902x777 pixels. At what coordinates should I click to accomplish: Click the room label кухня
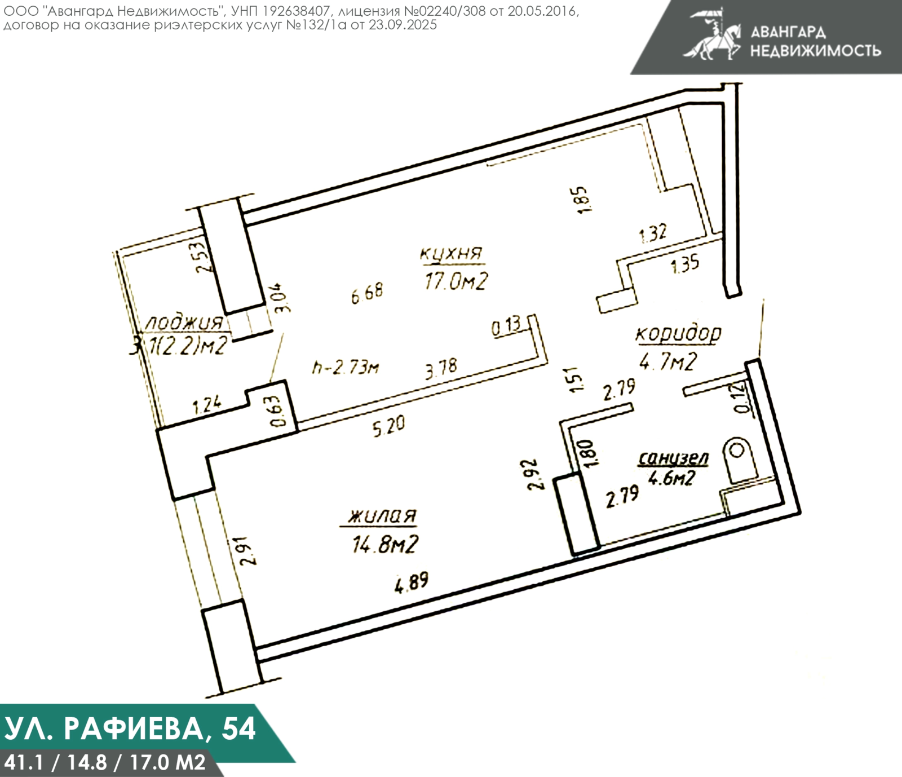[x=451, y=254]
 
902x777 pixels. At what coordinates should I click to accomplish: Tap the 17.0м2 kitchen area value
[x=456, y=280]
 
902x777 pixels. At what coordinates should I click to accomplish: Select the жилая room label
[x=382, y=516]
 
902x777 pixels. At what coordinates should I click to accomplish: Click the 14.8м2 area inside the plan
[x=385, y=544]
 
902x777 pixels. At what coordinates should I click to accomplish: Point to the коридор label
[x=678, y=334]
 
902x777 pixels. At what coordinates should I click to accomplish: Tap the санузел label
[x=673, y=458]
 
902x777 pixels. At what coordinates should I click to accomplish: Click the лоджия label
[x=184, y=324]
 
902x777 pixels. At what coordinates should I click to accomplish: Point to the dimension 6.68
[x=367, y=293]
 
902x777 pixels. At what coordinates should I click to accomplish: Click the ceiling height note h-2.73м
[x=346, y=368]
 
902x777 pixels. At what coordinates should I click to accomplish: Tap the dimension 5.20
[x=388, y=426]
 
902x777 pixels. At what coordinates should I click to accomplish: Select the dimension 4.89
[x=412, y=582]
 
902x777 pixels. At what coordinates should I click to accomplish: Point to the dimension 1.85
[x=583, y=199]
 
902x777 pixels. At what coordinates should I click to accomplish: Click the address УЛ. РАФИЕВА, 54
[x=130, y=728]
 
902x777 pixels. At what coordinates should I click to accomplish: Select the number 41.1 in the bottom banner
[x=24, y=763]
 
